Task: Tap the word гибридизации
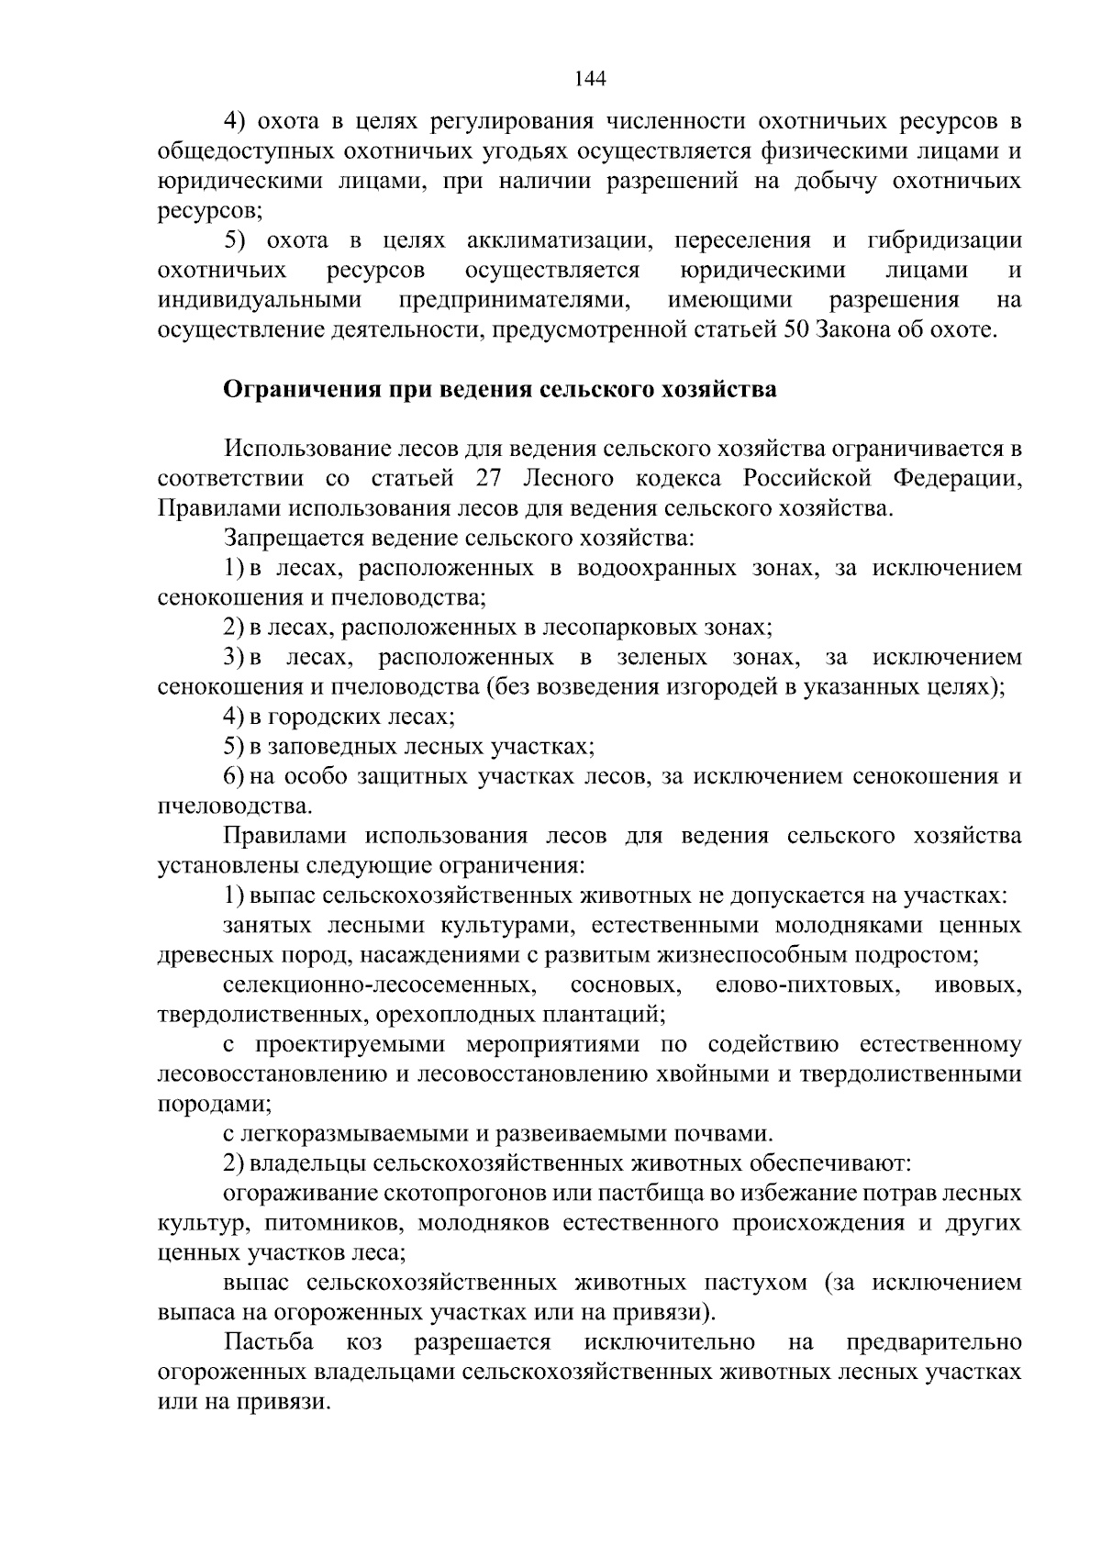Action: (x=943, y=241)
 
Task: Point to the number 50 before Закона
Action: (x=795, y=330)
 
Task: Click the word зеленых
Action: (x=662, y=658)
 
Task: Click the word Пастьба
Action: (x=269, y=1342)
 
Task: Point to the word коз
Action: (x=364, y=1342)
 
